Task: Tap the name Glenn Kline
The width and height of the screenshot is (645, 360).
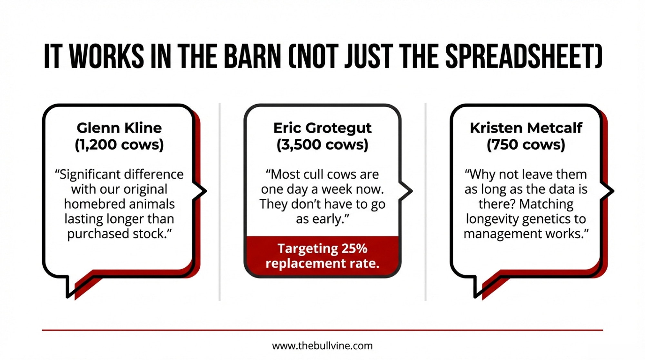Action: click(119, 128)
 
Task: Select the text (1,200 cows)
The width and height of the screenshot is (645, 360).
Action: click(119, 145)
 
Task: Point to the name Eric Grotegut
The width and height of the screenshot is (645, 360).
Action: click(322, 128)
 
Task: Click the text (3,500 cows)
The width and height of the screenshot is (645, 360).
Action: click(322, 145)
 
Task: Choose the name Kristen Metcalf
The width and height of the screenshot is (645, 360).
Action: click(526, 128)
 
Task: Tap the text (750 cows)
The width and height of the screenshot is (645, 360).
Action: click(526, 145)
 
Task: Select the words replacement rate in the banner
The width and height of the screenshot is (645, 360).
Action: click(322, 264)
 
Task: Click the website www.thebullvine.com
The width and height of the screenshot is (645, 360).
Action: click(322, 346)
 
